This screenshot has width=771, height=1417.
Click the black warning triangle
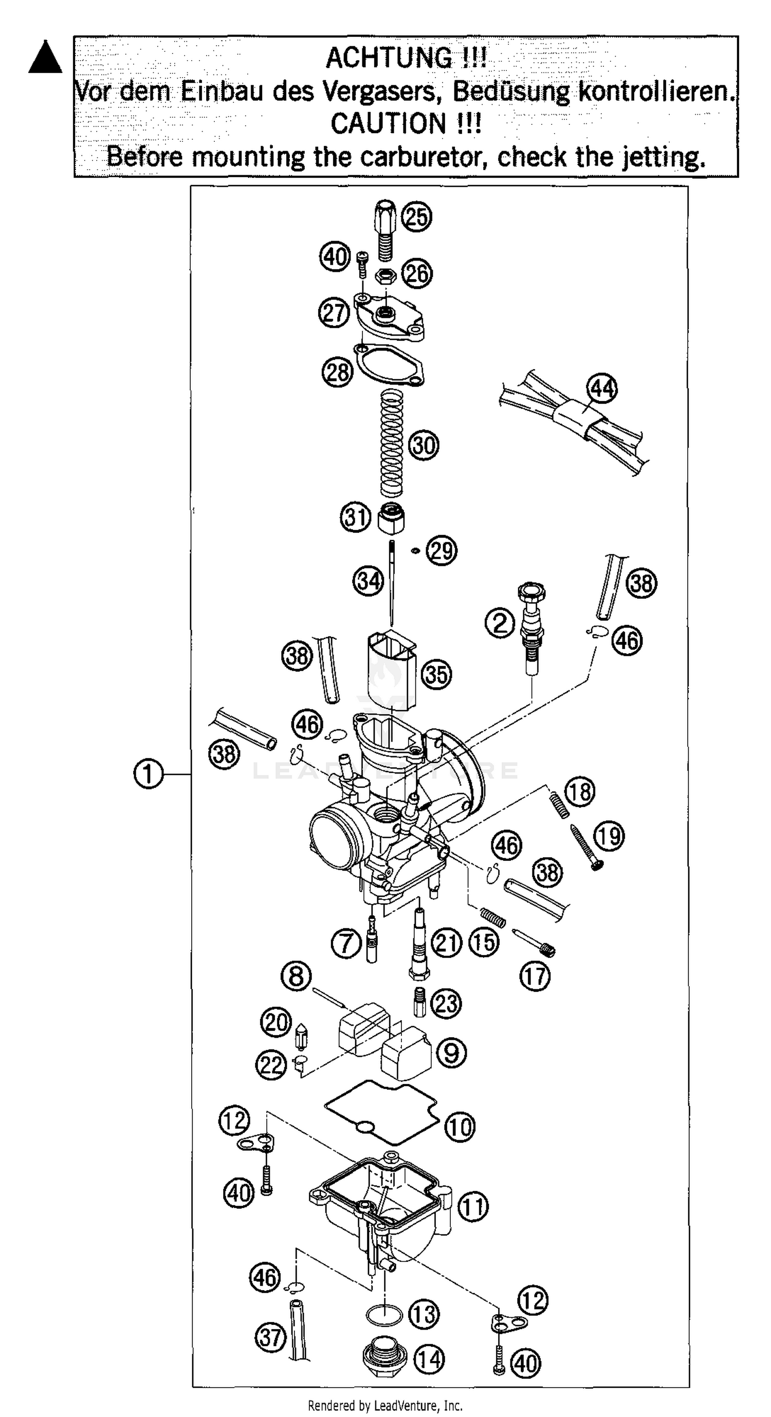coord(45,58)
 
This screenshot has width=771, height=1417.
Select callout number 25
coord(416,217)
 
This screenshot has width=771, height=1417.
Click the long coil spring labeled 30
coord(392,442)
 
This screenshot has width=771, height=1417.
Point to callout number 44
coord(602,389)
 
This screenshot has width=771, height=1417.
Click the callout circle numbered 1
coord(149,775)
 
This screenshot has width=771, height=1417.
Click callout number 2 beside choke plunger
coord(499,623)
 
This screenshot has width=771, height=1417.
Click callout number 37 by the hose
coord(270,1337)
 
